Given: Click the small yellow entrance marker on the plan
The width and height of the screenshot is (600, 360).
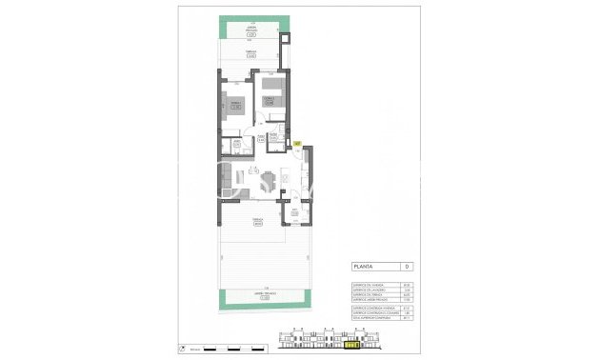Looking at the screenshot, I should click(297, 143).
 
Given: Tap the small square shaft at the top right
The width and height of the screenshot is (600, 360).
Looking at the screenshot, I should click(289, 39).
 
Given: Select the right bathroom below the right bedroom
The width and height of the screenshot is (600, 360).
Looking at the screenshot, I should click(273, 145).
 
